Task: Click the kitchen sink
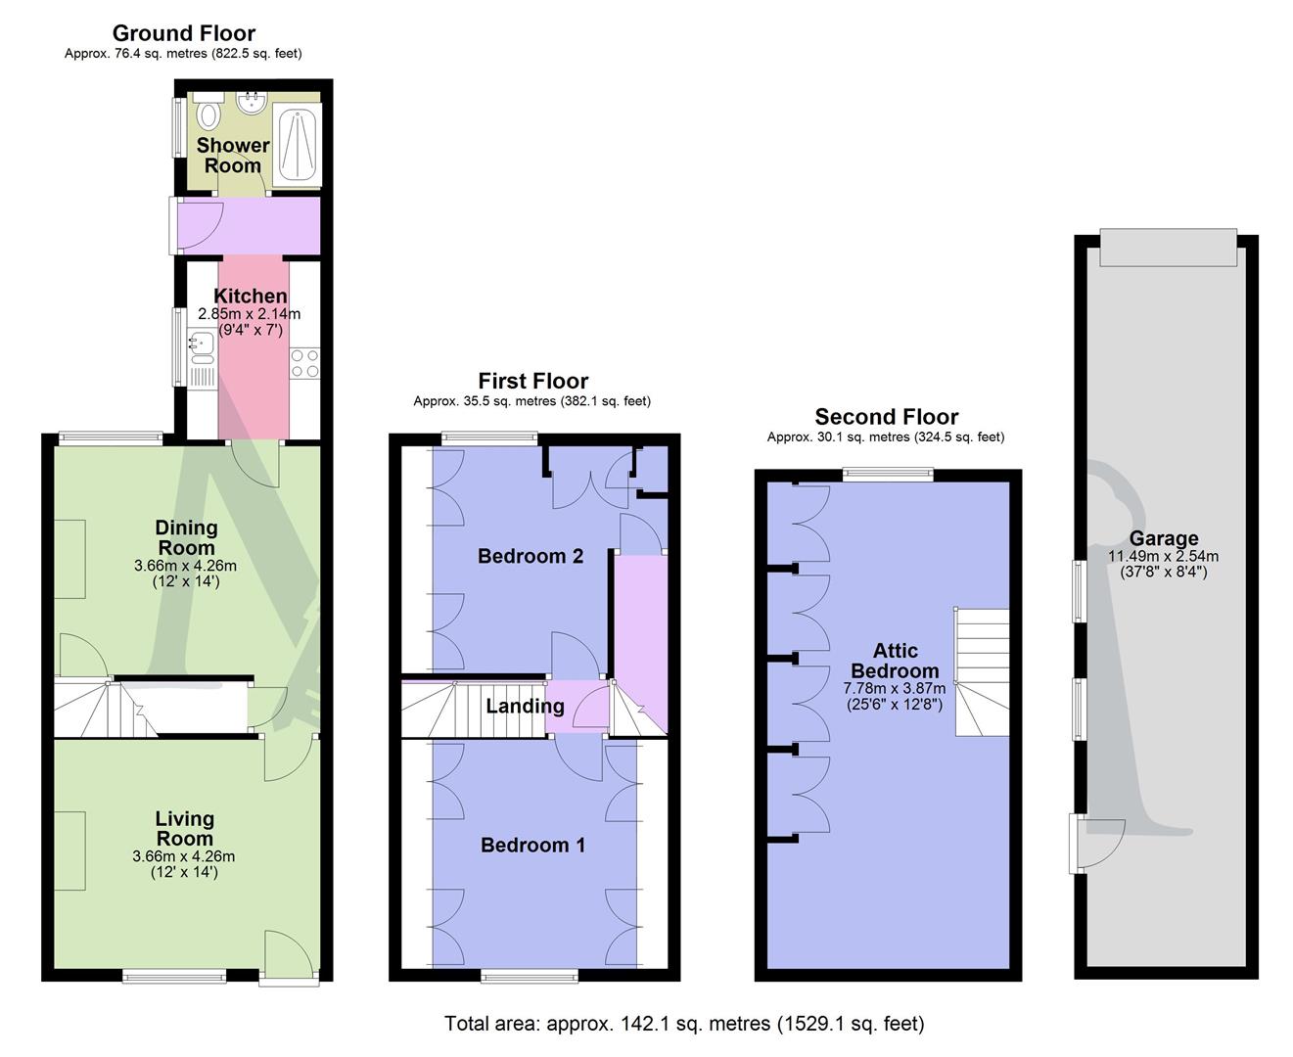202,345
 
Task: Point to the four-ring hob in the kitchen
304,363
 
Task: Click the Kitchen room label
251,296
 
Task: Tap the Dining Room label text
186,537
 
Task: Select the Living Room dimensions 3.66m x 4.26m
184,856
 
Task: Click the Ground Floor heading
183,33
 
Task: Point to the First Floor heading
532,381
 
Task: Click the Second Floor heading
886,417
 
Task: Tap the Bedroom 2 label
531,556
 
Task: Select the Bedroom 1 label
532,845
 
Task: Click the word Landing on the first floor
525,706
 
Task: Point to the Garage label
1163,538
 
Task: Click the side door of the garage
1096,843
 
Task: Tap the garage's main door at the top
1166,247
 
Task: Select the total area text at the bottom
683,1024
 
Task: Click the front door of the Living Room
289,954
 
